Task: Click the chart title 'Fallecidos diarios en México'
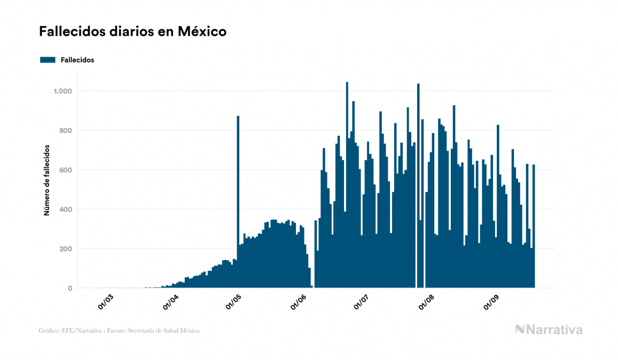point(132,32)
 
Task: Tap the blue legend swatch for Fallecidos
point(48,60)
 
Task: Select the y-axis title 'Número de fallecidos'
point(46,179)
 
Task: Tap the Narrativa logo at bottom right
point(549,330)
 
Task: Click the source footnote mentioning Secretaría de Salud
point(119,331)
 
